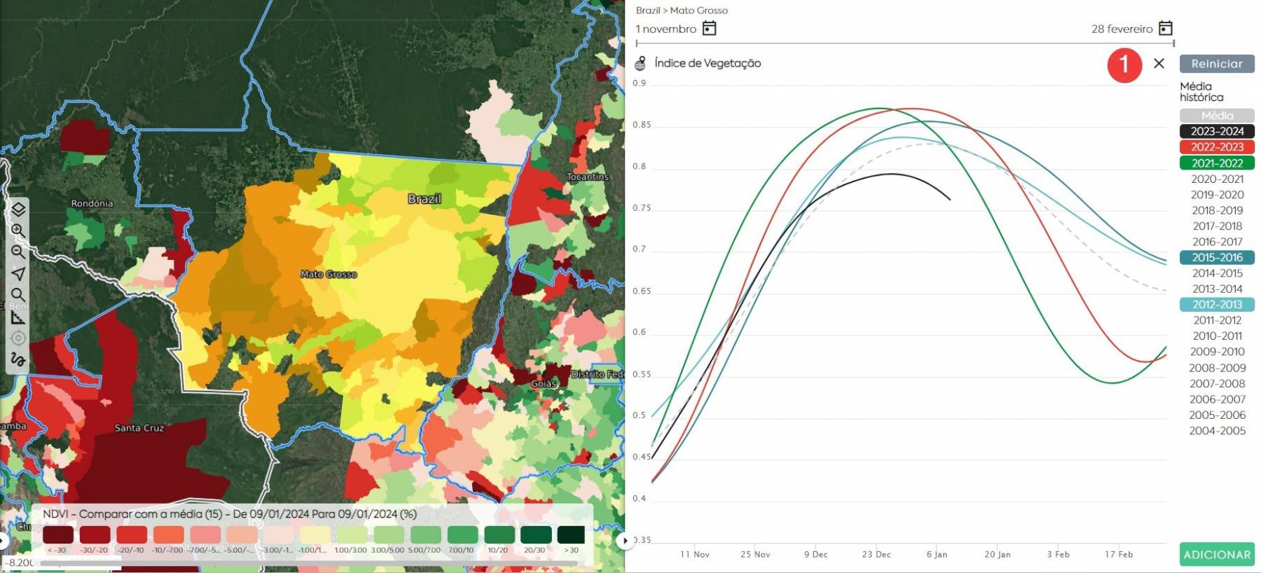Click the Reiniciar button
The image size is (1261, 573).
(x=1217, y=64)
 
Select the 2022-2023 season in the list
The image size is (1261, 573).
(x=1217, y=147)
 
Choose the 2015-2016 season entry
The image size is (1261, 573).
(x=1217, y=257)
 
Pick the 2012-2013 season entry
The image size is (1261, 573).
(x=1217, y=305)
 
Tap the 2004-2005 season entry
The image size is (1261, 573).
(x=1217, y=431)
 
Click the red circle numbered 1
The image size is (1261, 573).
(x=1124, y=64)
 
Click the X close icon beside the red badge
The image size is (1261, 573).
(x=1159, y=64)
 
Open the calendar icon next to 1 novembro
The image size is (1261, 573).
(x=709, y=28)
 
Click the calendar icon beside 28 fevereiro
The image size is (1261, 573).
(x=1165, y=28)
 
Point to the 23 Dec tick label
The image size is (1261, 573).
(x=876, y=554)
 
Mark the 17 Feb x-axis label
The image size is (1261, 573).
(x=1118, y=554)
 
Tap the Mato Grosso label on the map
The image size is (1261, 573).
(x=329, y=275)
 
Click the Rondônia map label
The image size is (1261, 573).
(x=92, y=203)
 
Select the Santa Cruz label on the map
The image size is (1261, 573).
(x=139, y=428)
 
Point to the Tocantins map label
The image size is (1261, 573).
(x=588, y=177)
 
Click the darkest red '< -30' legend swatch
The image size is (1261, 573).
(x=57, y=534)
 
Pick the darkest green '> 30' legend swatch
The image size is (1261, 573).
(x=571, y=534)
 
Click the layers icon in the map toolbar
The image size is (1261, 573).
(x=18, y=209)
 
